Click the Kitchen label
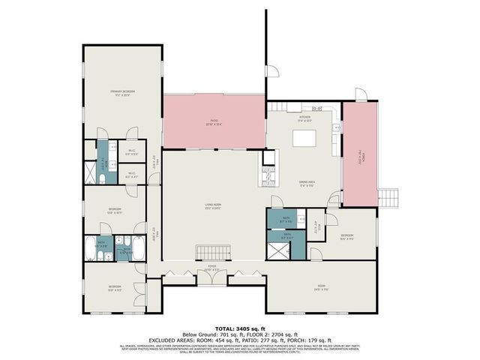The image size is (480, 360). [x=304, y=118]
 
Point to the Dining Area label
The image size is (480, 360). [x=305, y=182]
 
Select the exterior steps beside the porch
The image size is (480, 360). [x=389, y=197]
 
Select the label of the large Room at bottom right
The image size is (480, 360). [x=321, y=286]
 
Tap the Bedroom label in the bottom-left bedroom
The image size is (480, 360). [x=114, y=286]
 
